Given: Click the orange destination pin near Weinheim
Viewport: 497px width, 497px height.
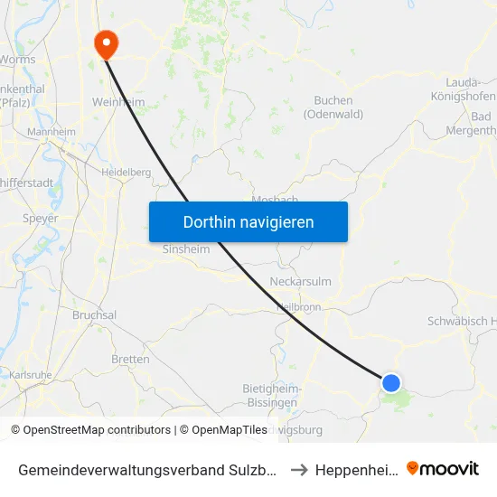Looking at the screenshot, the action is pyautogui.click(x=106, y=42).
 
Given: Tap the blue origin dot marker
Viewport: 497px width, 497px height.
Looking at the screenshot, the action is pyautogui.click(x=391, y=383).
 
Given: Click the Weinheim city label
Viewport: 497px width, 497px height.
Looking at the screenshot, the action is pyautogui.click(x=118, y=102).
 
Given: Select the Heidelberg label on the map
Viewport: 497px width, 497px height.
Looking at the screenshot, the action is pyautogui.click(x=127, y=172).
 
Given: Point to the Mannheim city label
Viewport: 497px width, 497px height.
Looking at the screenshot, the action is pyautogui.click(x=52, y=132).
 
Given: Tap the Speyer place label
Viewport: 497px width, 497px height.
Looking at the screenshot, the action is pyautogui.click(x=41, y=218).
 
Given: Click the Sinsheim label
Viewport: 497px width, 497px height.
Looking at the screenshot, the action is pyautogui.click(x=186, y=249).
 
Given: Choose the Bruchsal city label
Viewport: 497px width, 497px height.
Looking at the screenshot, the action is pyautogui.click(x=95, y=315).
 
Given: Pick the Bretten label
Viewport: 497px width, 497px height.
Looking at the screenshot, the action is pyautogui.click(x=130, y=359).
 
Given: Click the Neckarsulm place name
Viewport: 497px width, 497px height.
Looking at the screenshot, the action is pyautogui.click(x=301, y=282).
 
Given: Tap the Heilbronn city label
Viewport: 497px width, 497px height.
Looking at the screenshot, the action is pyautogui.click(x=298, y=307).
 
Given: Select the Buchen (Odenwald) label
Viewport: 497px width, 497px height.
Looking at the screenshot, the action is pyautogui.click(x=333, y=107).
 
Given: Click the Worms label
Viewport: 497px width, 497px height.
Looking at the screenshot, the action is pyautogui.click(x=17, y=60).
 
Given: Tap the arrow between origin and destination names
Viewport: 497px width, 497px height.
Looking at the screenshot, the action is pyautogui.click(x=298, y=469).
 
